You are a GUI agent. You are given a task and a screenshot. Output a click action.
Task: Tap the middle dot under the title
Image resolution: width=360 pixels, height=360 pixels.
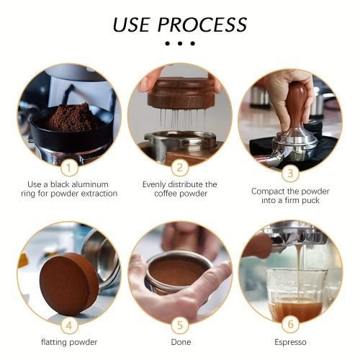pos(180,44)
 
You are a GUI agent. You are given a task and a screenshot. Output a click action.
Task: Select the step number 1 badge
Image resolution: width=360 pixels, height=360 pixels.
pos(69,168)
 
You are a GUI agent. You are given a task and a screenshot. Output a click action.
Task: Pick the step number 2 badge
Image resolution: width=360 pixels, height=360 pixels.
pos(180,168)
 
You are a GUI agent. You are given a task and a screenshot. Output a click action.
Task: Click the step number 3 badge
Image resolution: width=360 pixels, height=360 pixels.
pos(290,174)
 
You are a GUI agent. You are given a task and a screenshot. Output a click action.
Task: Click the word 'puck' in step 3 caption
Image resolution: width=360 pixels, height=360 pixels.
pos(311,201)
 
